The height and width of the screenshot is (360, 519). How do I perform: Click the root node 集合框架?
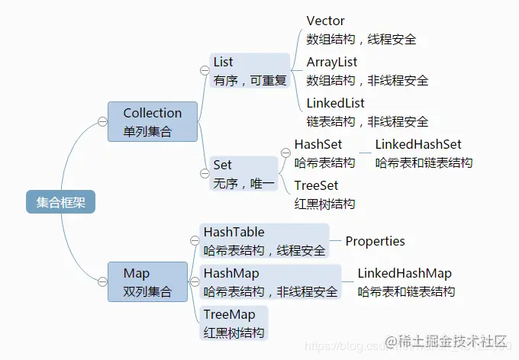[x=60, y=202]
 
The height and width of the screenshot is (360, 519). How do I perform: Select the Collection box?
[x=153, y=122]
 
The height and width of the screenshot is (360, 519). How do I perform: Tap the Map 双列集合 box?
[x=147, y=282]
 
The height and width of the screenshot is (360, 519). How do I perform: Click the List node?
[x=250, y=70]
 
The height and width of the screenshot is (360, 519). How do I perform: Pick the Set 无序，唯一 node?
[x=243, y=173]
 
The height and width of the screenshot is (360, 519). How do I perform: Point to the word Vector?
[x=325, y=21]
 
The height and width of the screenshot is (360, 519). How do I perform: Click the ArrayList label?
[x=332, y=63]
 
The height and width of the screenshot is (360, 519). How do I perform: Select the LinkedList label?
[x=335, y=103]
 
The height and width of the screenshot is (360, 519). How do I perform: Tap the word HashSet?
[x=318, y=144]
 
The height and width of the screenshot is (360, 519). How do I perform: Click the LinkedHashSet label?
[x=418, y=144]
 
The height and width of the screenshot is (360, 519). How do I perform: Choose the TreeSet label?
[x=316, y=185]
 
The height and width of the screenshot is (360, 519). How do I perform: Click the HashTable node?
[x=264, y=241]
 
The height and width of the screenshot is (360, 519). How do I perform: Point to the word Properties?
[x=375, y=241]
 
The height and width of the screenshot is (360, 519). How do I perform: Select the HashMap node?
[x=270, y=282]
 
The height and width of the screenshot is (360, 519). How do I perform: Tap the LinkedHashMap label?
[x=405, y=273]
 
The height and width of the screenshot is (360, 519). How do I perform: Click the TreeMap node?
[x=234, y=323]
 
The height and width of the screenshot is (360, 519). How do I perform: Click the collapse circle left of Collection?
[x=102, y=121]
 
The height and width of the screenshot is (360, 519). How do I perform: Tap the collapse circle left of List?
[x=205, y=70]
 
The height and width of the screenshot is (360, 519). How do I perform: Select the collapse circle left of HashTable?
[x=195, y=241]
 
